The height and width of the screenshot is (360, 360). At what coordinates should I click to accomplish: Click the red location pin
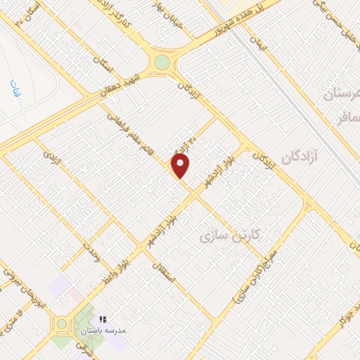coord(181,166)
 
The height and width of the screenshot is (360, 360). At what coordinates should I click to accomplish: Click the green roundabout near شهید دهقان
coord(162,63)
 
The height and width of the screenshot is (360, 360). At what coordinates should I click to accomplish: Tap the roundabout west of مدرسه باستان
coord(61,324)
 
